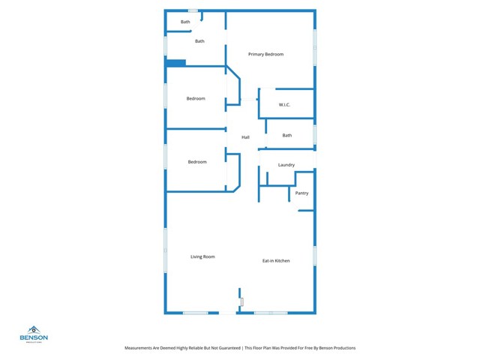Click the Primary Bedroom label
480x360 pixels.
point(265,55)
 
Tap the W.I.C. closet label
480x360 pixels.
point(284,104)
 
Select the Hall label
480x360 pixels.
point(245,137)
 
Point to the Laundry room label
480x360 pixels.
point(286,165)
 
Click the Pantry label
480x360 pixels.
point(301,193)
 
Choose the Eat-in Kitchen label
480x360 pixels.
point(276,261)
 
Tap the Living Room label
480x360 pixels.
point(202,257)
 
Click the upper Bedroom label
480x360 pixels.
point(196,99)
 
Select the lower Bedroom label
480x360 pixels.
point(196,162)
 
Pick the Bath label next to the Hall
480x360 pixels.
point(287,136)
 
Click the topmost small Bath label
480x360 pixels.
point(185,22)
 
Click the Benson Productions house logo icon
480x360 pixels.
point(34,329)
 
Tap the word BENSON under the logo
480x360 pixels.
point(34,337)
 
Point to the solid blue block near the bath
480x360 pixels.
point(175,63)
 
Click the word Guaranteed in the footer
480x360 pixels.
point(218,349)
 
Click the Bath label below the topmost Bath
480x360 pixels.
point(199,41)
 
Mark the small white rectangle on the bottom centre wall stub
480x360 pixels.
point(242,301)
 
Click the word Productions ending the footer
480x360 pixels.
point(341,349)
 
